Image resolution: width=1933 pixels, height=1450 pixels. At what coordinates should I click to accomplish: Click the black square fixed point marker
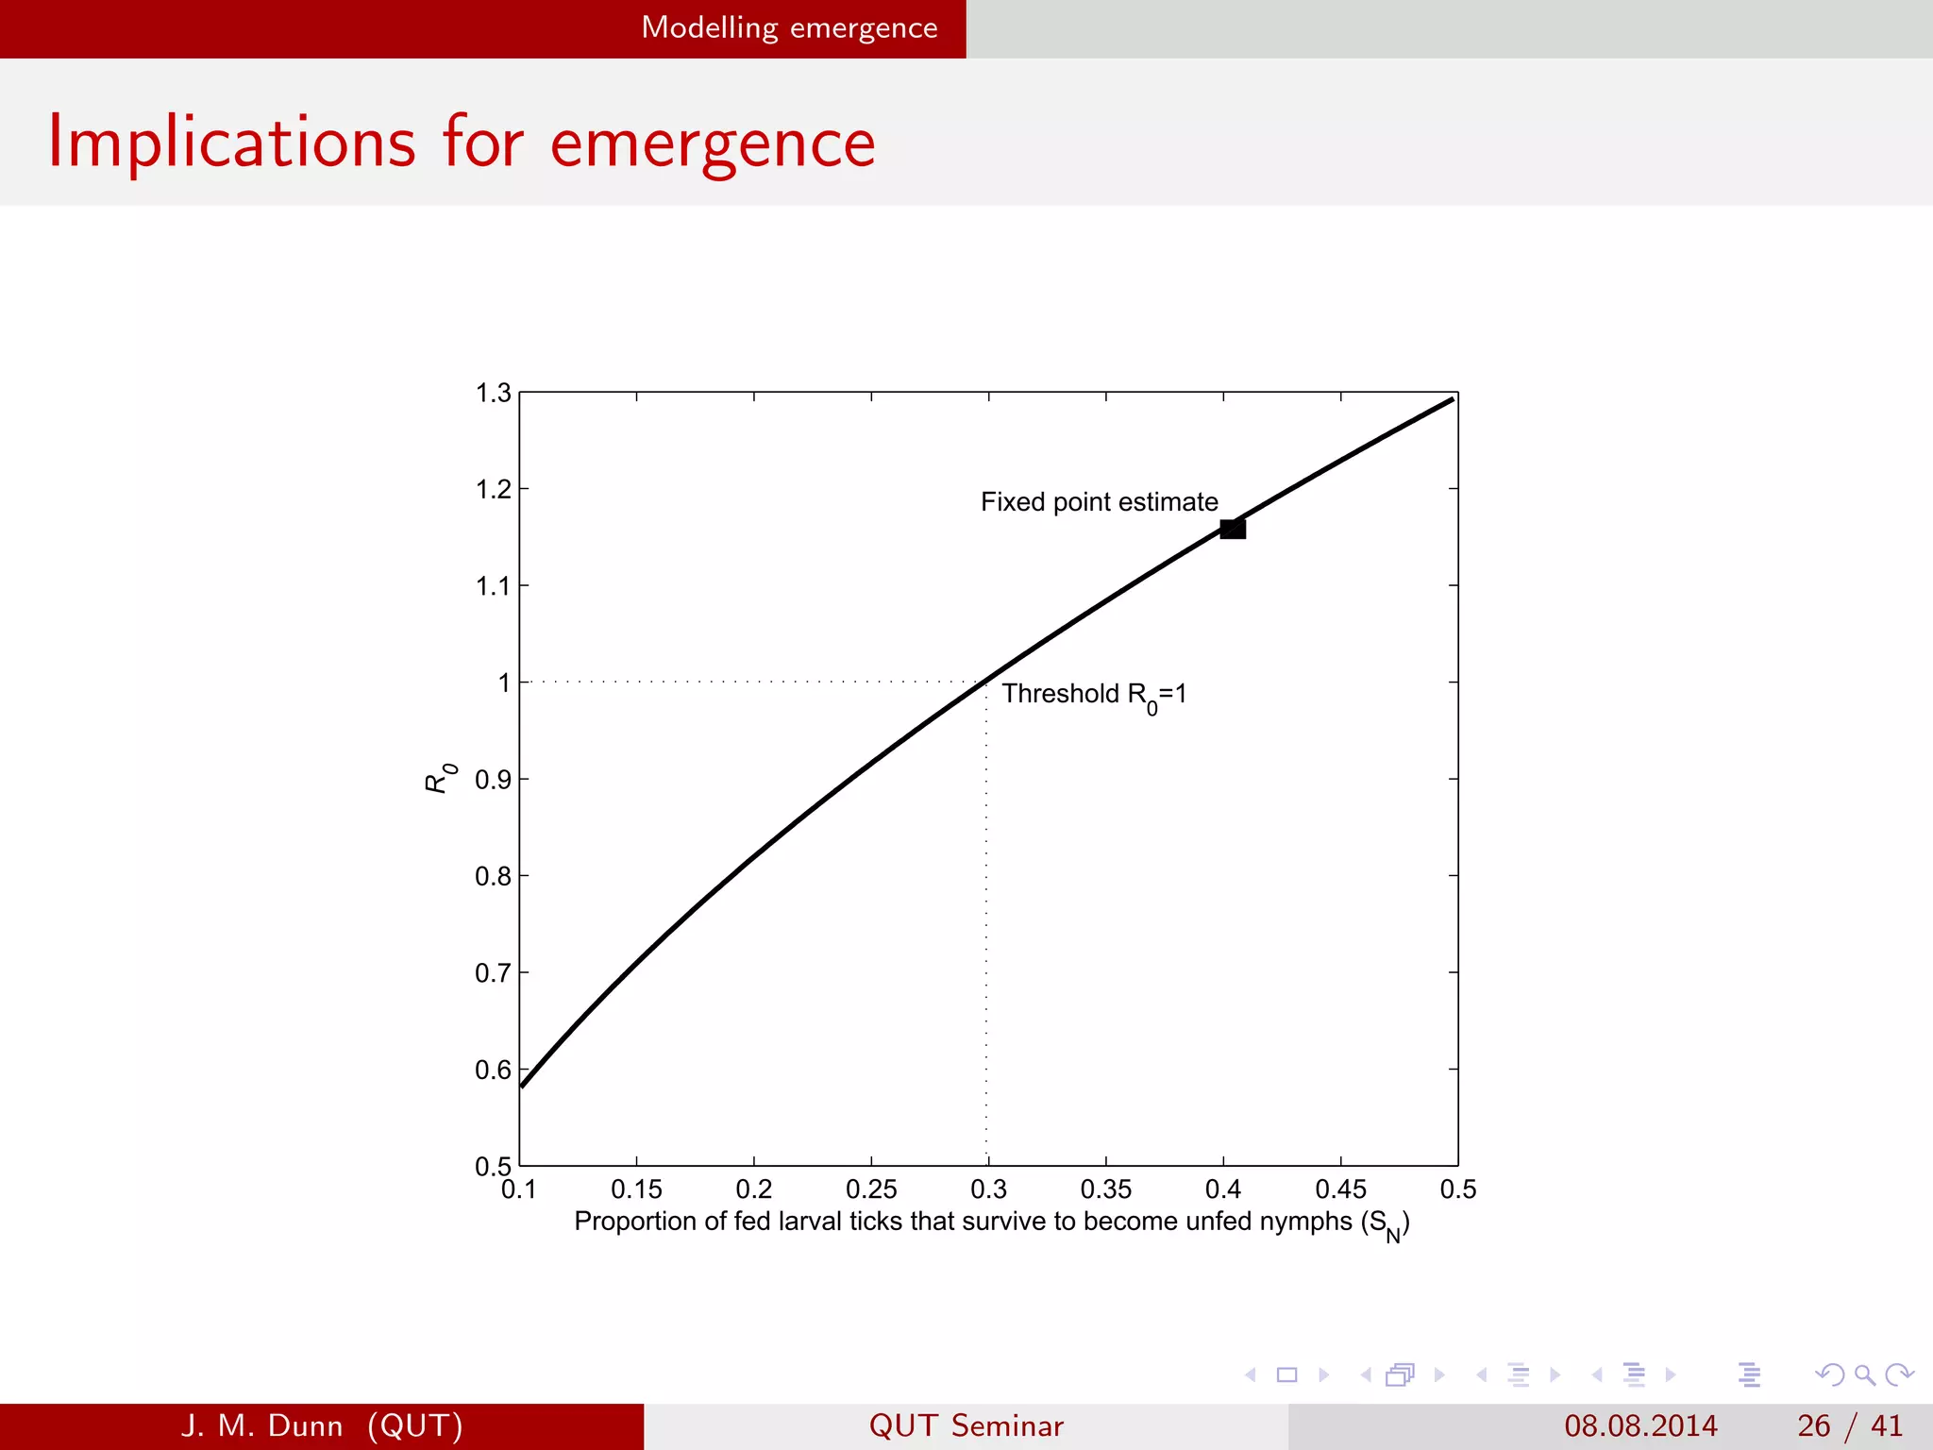click(1233, 529)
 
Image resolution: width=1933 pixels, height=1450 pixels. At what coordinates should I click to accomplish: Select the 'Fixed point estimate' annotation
click(1099, 501)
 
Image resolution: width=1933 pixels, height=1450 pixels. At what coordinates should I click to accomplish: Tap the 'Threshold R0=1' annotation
click(1094, 695)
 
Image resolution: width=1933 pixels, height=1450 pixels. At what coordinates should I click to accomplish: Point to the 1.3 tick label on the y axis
click(493, 393)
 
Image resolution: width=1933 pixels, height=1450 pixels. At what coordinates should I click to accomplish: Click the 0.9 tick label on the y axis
click(493, 780)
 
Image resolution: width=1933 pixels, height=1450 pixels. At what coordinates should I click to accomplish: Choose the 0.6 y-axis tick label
click(493, 1070)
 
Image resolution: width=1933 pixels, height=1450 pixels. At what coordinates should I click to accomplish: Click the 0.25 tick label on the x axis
click(870, 1189)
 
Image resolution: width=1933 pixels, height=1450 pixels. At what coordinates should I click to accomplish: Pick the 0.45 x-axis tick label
click(1340, 1189)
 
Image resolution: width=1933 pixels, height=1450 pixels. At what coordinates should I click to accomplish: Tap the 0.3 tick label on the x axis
click(988, 1189)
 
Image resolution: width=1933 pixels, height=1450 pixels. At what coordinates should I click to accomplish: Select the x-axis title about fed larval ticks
click(991, 1222)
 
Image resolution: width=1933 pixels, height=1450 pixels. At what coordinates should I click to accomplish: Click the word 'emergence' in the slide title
click(713, 144)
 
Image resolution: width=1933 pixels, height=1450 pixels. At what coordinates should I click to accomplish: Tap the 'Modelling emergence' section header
click(789, 28)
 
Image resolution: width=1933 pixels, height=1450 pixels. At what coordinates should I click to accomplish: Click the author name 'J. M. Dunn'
click(261, 1425)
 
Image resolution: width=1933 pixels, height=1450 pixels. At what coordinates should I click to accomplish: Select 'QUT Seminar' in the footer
click(966, 1425)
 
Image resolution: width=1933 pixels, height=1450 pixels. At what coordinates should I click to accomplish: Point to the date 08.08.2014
click(1640, 1425)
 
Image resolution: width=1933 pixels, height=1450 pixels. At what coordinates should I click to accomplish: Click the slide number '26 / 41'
click(1849, 1425)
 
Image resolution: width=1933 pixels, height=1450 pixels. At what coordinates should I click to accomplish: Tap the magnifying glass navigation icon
click(1864, 1374)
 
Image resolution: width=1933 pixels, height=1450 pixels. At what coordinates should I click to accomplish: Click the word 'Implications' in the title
click(232, 144)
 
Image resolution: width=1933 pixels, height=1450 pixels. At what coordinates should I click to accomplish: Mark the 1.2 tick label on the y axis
click(493, 489)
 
